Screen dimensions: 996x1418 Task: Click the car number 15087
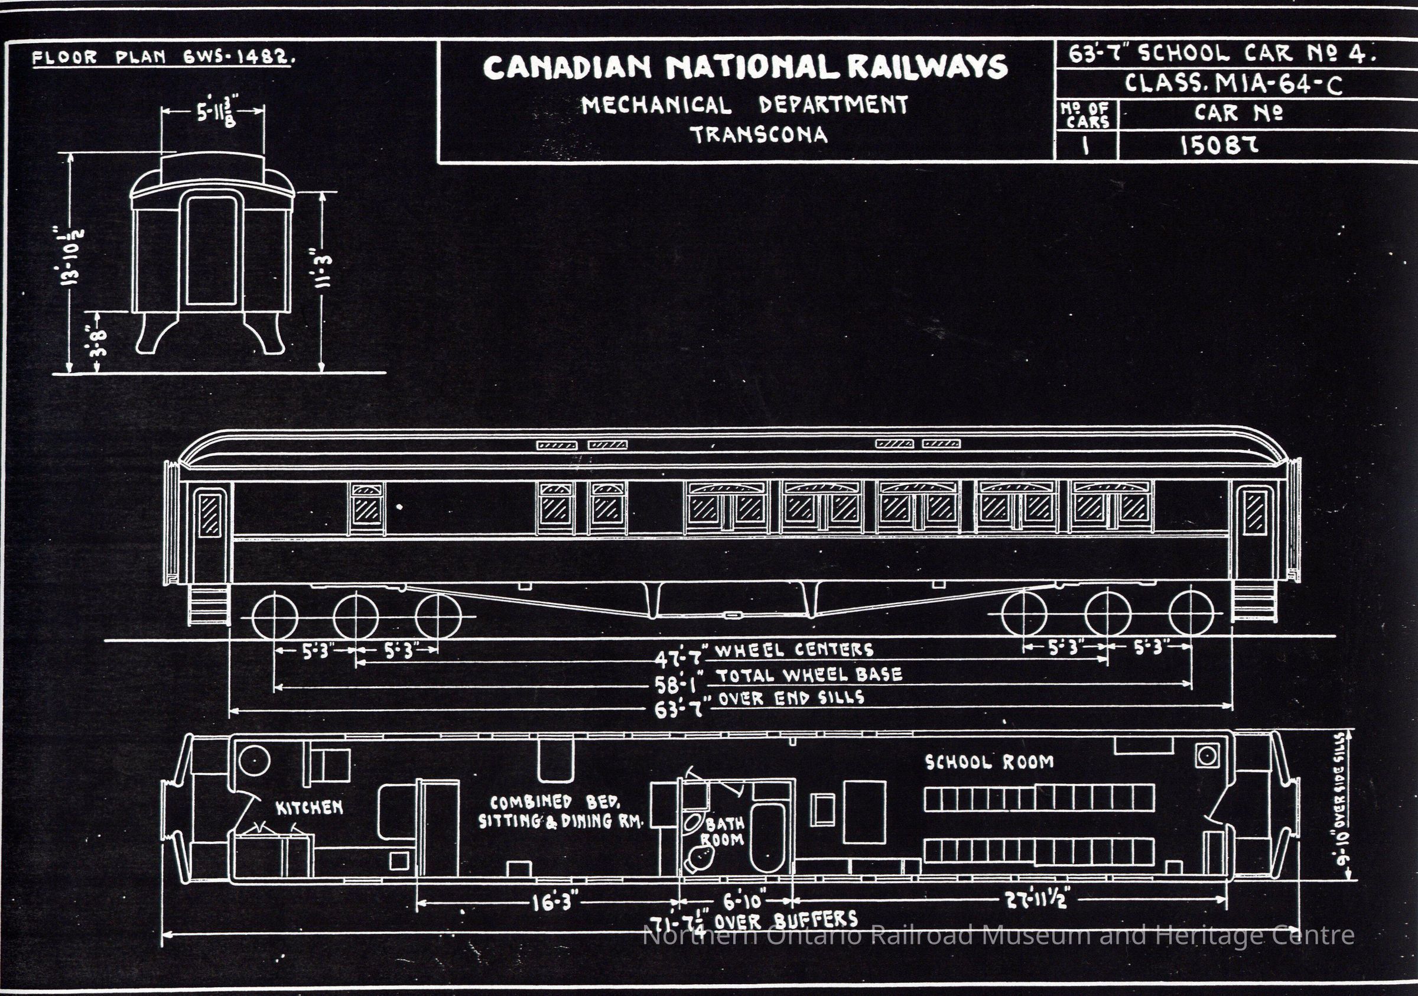point(1218,146)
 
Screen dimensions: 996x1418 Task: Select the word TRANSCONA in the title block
point(759,135)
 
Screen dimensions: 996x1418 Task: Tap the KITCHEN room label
point(309,807)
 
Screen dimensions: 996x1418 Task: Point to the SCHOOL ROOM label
point(989,762)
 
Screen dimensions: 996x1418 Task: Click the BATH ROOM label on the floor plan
point(723,832)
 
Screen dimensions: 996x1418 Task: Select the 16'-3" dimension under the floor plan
point(556,903)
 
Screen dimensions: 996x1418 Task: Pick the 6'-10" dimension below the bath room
point(744,901)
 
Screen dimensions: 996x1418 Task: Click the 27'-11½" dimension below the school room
point(1038,900)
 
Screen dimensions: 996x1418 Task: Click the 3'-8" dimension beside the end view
point(97,343)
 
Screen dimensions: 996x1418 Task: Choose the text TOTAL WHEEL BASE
point(809,674)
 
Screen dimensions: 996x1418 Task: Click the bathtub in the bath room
point(767,837)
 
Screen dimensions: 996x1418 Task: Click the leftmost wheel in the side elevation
point(275,616)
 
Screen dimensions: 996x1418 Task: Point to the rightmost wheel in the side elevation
point(1191,614)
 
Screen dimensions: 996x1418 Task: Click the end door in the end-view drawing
point(211,250)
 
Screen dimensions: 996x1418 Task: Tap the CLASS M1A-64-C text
point(1233,83)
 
